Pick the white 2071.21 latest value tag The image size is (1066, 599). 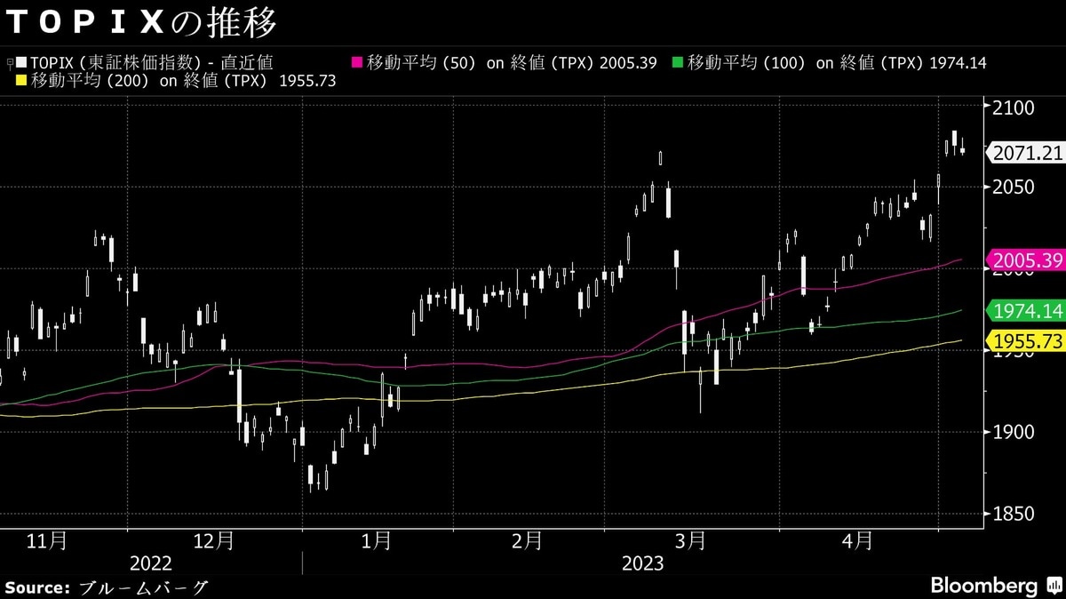pyautogui.click(x=1027, y=153)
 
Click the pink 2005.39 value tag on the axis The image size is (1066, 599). pyautogui.click(x=1027, y=260)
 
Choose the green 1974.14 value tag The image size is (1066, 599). pyautogui.click(x=1027, y=311)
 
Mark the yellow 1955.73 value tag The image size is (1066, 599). pyautogui.click(x=1027, y=340)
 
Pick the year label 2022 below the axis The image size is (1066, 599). pyautogui.click(x=151, y=563)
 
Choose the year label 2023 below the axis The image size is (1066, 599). pyautogui.click(x=642, y=563)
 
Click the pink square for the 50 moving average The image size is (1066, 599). pyautogui.click(x=358, y=62)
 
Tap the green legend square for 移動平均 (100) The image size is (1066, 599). pyautogui.click(x=678, y=62)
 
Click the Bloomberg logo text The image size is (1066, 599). pyautogui.click(x=983, y=587)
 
